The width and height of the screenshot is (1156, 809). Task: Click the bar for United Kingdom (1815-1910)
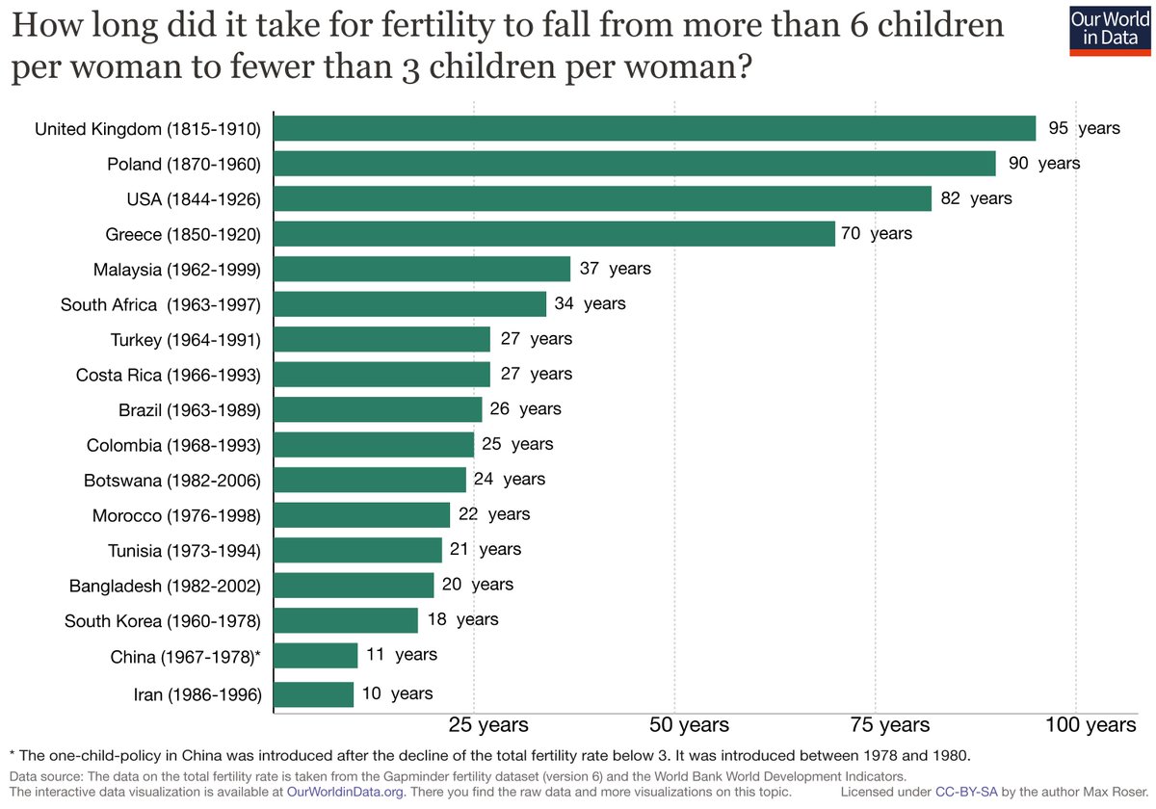pos(655,128)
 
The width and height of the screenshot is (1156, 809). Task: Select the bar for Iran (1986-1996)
pos(314,693)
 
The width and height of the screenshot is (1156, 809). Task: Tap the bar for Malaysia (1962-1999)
pos(422,269)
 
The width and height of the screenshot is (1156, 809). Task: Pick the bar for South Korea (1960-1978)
pos(346,619)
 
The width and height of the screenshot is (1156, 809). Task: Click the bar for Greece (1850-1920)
pos(555,233)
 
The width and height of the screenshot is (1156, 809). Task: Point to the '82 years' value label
pos(976,198)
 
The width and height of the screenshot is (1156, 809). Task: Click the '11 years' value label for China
pos(402,655)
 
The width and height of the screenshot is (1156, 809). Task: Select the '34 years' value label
pos(591,303)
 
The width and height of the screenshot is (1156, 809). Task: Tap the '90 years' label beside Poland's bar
pos(1044,163)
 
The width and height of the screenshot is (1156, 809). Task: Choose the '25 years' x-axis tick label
pos(475,725)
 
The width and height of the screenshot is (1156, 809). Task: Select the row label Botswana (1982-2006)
pos(172,480)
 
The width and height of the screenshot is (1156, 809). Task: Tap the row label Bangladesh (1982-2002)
pos(165,585)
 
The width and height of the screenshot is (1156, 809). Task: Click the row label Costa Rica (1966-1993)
pos(169,374)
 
